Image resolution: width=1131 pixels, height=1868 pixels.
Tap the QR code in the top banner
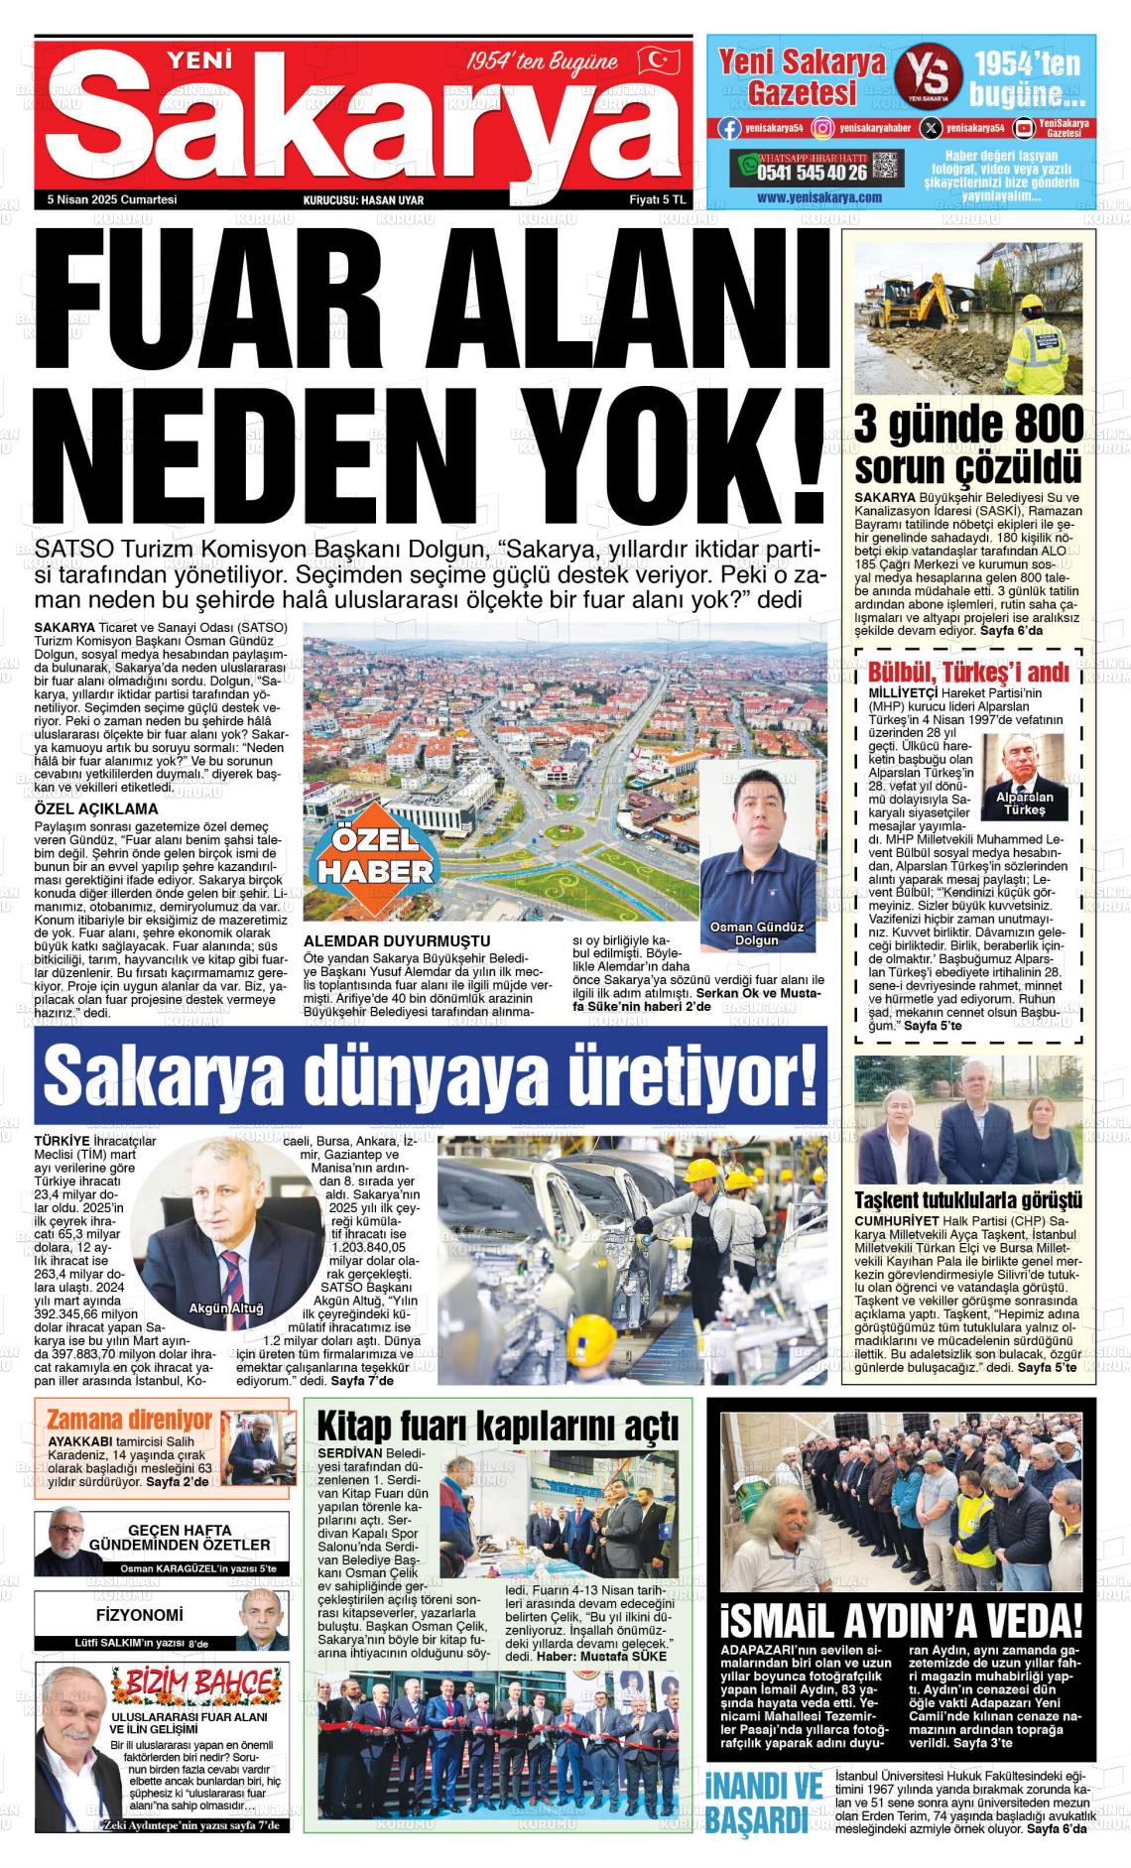[887, 166]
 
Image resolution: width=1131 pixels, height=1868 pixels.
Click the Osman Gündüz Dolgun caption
[757, 933]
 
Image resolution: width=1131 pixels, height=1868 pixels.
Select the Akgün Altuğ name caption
[226, 1308]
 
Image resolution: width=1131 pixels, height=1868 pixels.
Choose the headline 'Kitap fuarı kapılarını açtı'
[497, 1426]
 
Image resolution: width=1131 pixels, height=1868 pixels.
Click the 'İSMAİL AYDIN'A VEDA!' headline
[901, 1620]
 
